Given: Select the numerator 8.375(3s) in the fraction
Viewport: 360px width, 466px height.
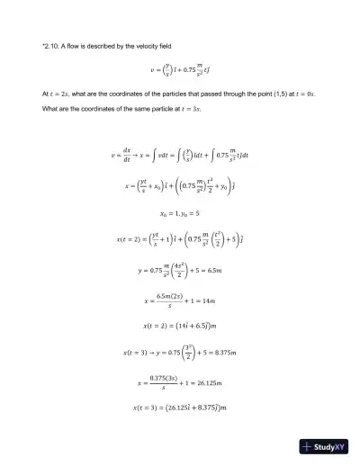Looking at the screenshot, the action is click(163, 377).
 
